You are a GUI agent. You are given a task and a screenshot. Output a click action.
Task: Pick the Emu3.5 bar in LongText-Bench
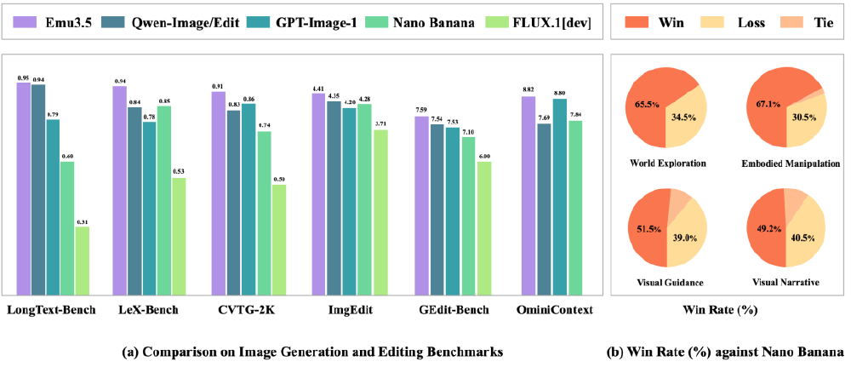(24, 187)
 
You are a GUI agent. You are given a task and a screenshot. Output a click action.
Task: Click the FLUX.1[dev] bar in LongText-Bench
(83, 260)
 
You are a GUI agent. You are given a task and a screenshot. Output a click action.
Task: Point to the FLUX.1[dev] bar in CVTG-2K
(278, 238)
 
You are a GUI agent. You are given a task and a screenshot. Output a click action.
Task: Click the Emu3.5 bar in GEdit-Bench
(421, 204)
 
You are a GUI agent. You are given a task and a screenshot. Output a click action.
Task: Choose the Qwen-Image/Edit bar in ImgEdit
(334, 197)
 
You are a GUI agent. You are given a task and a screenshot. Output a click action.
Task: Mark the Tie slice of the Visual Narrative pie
(797, 202)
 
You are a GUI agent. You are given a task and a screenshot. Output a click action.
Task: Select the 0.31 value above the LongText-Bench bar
(83, 221)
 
